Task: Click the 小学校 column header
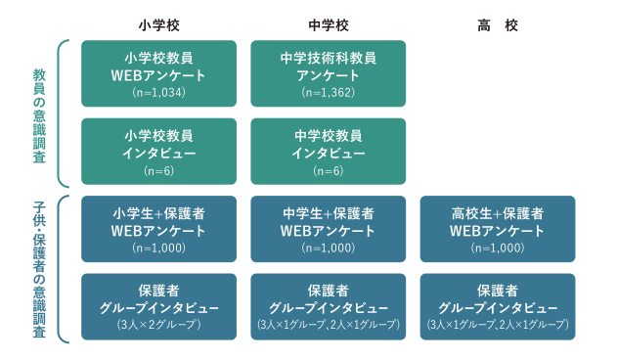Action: [x=158, y=23]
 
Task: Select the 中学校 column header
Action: [x=328, y=23]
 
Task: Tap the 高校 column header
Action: [x=497, y=23]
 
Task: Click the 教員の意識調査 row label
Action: [x=39, y=113]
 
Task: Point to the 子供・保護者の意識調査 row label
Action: [x=39, y=268]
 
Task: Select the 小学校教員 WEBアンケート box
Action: [x=158, y=73]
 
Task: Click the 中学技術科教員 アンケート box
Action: [x=328, y=73]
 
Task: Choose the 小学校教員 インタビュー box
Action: [x=158, y=152]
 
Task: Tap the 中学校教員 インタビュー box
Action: [x=328, y=152]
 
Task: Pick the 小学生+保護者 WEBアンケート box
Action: [x=158, y=229]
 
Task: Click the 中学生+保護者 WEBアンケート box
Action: [x=328, y=229]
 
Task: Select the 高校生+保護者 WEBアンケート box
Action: [x=497, y=229]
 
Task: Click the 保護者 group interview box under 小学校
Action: [x=158, y=306]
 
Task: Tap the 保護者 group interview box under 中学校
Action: [x=328, y=306]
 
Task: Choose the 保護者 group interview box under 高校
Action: [x=497, y=306]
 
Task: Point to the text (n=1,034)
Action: [x=158, y=93]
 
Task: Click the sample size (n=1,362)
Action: [x=328, y=93]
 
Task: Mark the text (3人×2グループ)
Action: [x=158, y=324]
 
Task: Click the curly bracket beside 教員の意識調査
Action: [x=63, y=113]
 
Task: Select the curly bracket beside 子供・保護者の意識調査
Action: [x=63, y=268]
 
